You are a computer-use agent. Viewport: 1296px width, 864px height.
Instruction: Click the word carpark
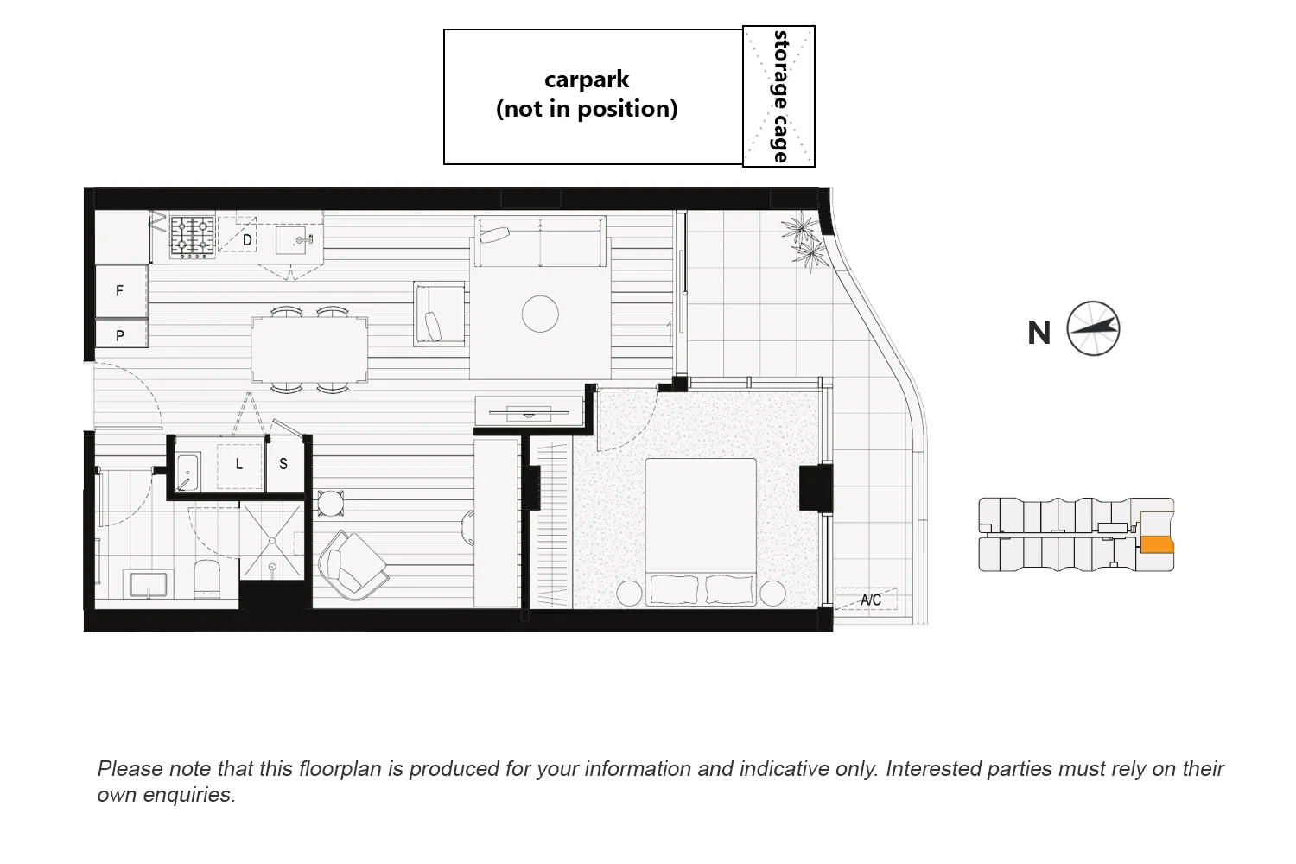[587, 79]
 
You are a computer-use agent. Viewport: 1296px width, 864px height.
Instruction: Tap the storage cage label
[780, 96]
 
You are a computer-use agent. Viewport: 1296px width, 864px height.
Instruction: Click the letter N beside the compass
[1039, 333]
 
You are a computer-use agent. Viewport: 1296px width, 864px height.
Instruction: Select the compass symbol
[1093, 328]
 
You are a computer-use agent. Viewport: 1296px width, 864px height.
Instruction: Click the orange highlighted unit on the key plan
[1157, 544]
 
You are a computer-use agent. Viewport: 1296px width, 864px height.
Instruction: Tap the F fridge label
[119, 291]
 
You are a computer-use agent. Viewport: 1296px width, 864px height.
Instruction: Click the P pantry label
[119, 335]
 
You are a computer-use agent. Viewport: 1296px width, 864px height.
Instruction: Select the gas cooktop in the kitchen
[192, 236]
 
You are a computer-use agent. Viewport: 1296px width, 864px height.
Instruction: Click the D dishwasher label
[247, 239]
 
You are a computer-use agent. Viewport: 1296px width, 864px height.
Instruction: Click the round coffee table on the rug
[540, 314]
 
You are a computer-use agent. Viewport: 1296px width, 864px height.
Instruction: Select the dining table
[309, 349]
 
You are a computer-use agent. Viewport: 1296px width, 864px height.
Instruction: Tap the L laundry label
[239, 464]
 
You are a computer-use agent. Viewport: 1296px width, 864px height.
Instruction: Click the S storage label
[283, 464]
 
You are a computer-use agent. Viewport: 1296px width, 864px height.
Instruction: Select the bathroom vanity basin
[149, 583]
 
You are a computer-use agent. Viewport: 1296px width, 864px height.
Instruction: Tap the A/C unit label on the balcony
[871, 600]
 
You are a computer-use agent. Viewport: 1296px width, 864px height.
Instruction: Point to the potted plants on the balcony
[804, 241]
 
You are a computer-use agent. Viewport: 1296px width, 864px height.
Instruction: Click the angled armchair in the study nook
[352, 563]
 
